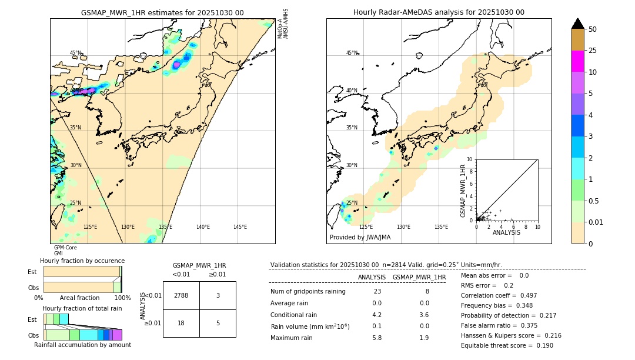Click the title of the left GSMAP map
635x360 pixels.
tap(162, 12)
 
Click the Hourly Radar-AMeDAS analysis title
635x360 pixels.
tap(439, 12)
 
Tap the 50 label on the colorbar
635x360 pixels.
tap(593, 29)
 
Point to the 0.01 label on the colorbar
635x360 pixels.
tap(596, 222)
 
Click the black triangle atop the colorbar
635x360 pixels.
tap(578, 24)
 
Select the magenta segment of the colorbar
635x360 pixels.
tap(578, 61)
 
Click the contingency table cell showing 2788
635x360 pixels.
tap(181, 295)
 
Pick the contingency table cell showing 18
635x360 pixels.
tap(181, 324)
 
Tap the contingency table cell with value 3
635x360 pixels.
tap(218, 295)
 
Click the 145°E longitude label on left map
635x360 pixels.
tap(240, 227)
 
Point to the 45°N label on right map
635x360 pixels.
tap(352, 53)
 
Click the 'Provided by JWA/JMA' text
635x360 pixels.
tap(360, 237)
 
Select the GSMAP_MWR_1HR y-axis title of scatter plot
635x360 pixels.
tap(463, 191)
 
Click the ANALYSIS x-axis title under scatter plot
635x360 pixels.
tap(506, 232)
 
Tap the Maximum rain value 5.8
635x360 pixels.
tap(377, 338)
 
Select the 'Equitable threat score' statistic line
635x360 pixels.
tap(507, 345)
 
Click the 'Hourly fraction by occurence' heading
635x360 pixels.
tap(82, 261)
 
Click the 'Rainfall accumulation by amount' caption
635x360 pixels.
tap(83, 345)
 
